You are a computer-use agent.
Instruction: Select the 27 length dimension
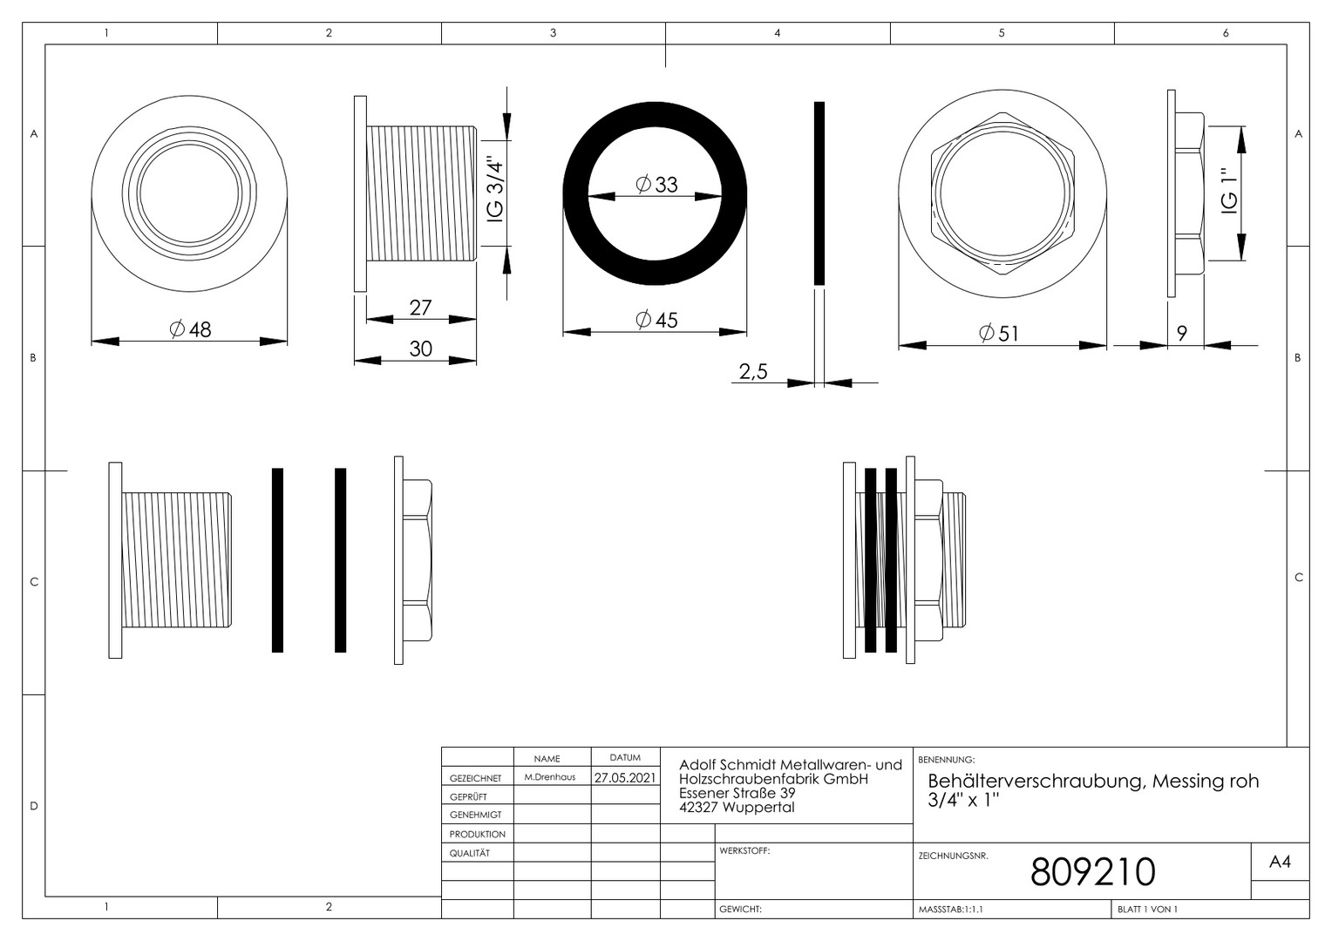420,308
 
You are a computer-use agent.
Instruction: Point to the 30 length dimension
420,349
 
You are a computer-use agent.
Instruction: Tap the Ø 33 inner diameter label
656,184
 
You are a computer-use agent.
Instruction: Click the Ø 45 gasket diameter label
656,320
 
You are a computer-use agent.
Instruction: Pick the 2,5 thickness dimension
753,371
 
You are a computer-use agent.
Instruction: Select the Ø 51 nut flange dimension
999,333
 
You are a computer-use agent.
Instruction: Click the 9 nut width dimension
1182,333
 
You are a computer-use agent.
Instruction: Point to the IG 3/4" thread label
495,189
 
